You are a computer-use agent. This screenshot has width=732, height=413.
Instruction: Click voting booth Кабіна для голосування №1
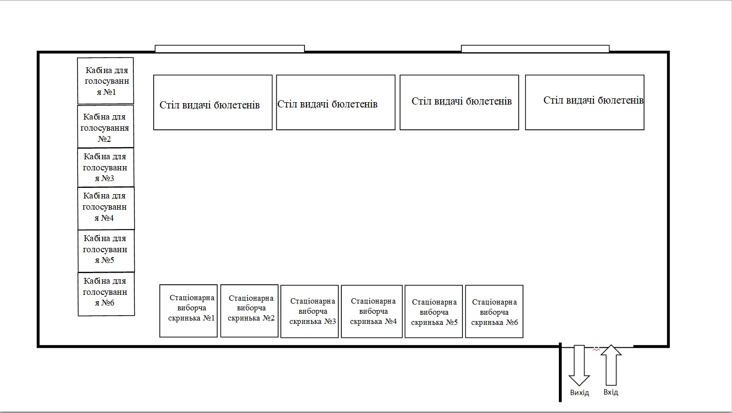tap(105, 80)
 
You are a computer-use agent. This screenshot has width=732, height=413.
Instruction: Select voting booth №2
tap(105, 127)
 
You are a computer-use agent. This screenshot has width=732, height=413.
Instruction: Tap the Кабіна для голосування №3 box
tap(106, 168)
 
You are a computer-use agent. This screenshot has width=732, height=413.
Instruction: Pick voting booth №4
tap(106, 208)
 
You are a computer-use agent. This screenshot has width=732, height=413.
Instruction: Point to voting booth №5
tap(106, 250)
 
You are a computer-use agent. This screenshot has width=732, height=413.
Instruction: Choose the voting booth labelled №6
tap(106, 294)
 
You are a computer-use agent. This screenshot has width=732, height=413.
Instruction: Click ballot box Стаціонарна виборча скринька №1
tap(188, 310)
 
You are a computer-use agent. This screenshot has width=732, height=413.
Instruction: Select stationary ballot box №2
tap(249, 310)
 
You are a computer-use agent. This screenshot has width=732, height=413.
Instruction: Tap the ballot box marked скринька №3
tap(309, 311)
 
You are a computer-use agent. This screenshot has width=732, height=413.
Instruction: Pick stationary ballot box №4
tap(371, 311)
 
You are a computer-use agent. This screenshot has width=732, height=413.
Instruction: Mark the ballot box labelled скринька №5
tap(433, 311)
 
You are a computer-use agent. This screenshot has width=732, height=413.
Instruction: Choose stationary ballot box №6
tap(494, 311)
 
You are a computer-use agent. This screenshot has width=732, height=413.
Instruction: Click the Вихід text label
tap(579, 393)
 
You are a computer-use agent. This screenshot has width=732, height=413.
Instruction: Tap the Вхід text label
tap(611, 392)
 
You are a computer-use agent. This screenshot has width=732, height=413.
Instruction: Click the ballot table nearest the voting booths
tap(213, 102)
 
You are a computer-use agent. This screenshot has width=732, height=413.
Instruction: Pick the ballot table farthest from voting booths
tap(585, 102)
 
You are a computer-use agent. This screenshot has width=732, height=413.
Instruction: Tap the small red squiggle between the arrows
tap(596, 348)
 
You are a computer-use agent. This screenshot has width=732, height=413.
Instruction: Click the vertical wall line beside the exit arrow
tap(560, 373)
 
